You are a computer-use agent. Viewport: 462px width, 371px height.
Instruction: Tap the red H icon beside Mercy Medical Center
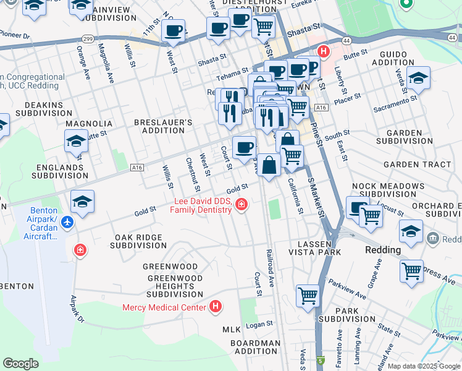215,306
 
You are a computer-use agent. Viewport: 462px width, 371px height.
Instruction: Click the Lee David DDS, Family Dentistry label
202,205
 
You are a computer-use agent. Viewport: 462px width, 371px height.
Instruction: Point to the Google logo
20,364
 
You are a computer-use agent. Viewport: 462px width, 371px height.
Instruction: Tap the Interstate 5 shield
320,360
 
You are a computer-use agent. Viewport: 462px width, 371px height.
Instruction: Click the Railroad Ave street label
270,269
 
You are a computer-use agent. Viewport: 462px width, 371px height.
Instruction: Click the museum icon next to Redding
432,238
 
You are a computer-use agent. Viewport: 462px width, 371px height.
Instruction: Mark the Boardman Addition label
254,347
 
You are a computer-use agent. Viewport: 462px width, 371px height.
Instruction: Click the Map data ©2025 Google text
423,365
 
